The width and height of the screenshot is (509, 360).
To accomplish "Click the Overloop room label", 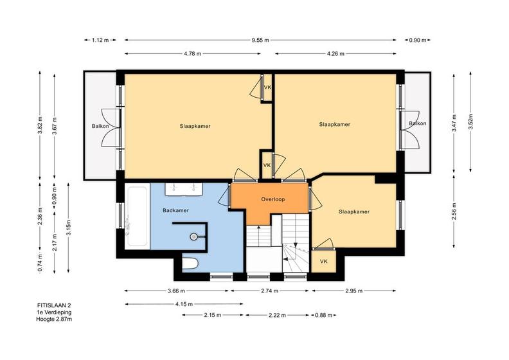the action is click(x=273, y=199).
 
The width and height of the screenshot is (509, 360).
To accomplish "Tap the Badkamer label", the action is click(x=175, y=210).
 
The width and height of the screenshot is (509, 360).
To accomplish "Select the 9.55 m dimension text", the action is click(x=260, y=40).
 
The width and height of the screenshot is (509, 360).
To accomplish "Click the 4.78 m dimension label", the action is click(x=193, y=53).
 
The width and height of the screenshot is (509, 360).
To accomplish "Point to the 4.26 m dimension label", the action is click(x=335, y=53).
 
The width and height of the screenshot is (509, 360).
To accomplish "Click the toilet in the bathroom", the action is click(x=190, y=264).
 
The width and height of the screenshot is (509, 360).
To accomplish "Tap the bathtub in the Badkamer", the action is click(x=137, y=216).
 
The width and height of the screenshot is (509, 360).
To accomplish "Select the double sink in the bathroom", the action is click(x=184, y=189).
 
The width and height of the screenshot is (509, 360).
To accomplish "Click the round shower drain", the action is click(x=194, y=237).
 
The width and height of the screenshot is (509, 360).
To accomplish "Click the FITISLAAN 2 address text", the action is click(x=54, y=305).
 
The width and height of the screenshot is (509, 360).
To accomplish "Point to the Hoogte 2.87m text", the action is click(x=54, y=319).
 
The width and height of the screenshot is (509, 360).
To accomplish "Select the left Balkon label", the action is click(x=100, y=126).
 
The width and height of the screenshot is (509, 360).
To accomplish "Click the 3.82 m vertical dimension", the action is click(x=40, y=125).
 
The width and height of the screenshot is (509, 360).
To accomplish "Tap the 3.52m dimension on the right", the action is click(x=470, y=123).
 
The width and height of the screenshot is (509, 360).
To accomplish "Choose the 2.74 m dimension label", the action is click(x=269, y=291).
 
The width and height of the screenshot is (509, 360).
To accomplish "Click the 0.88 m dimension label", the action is click(x=324, y=315).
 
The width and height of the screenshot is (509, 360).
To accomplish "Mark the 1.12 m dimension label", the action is click(x=100, y=40).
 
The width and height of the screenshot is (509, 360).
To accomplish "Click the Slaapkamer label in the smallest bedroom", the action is click(x=354, y=212).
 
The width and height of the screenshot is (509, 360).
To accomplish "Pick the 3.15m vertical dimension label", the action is click(x=69, y=228).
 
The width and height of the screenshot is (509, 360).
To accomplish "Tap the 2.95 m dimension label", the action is click(x=354, y=291).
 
